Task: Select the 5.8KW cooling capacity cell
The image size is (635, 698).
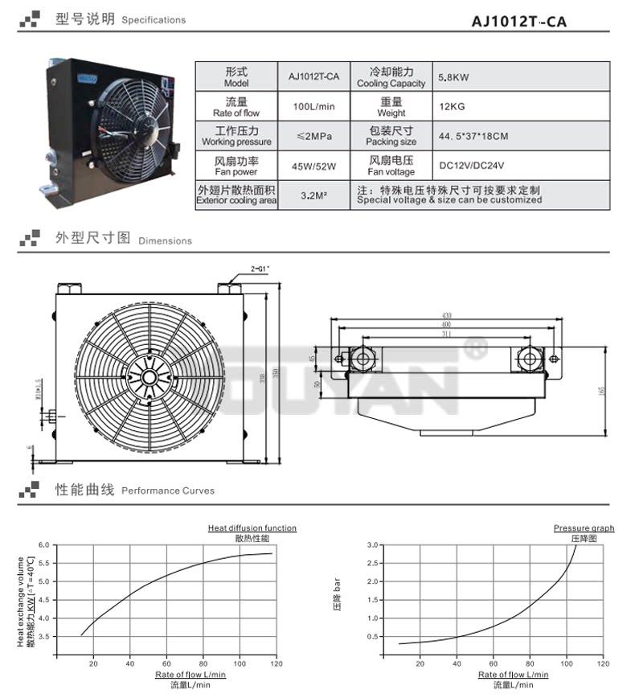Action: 453,78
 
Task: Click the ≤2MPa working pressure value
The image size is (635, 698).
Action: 314,136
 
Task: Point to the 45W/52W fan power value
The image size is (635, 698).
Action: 314,166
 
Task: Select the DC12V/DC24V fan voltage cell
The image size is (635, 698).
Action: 471,166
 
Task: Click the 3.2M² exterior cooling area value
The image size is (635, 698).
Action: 314,195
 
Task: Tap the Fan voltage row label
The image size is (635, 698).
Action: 391,166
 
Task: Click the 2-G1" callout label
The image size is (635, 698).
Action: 259,267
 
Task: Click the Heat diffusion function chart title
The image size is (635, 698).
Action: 252,528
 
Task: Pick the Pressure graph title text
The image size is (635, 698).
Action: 584,528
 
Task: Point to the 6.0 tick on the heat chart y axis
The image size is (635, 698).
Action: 44,545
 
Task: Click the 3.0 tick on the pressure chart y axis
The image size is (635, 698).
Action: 372,545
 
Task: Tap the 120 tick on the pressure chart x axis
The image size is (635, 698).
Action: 602,663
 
